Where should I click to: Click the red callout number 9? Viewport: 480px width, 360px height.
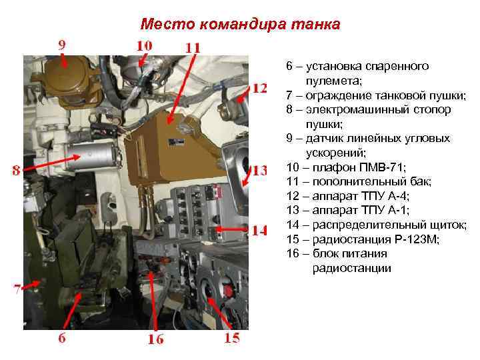pyautogui.click(x=61, y=45)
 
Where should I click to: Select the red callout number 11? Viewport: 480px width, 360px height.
pyautogui.click(x=192, y=48)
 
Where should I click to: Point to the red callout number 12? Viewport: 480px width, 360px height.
pyautogui.click(x=260, y=88)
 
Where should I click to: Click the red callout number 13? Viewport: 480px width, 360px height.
pyautogui.click(x=259, y=170)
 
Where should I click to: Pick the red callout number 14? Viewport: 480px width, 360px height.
pyautogui.click(x=259, y=231)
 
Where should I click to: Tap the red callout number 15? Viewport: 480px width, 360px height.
pyautogui.click(x=231, y=338)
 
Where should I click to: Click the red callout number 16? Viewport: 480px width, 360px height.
pyautogui.click(x=155, y=339)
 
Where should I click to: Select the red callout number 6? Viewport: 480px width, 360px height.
pyautogui.click(x=61, y=337)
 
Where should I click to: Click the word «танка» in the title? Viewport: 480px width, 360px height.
pyautogui.click(x=315, y=25)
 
